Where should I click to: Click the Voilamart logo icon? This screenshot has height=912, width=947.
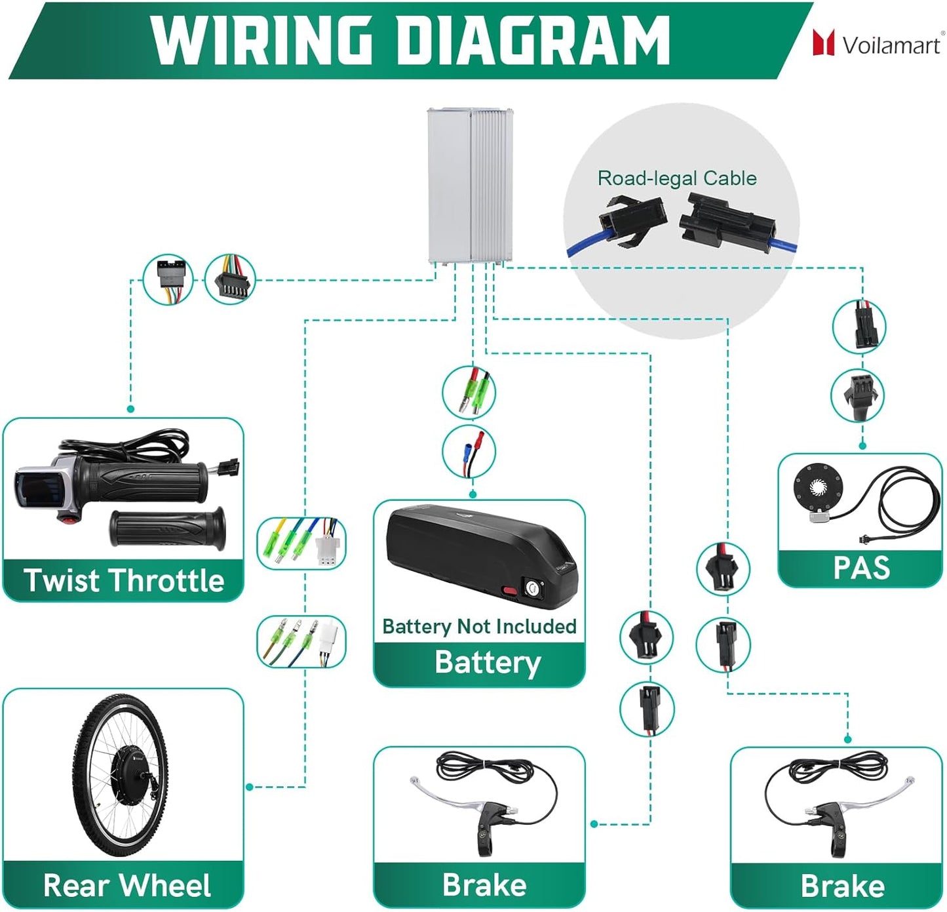(x=823, y=43)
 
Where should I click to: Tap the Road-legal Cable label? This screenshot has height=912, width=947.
(x=677, y=178)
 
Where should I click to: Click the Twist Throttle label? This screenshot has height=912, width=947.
(x=124, y=580)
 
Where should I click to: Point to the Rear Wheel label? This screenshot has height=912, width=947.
(x=127, y=885)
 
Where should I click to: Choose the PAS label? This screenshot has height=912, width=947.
(x=861, y=568)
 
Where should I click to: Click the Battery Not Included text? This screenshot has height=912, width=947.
(x=479, y=626)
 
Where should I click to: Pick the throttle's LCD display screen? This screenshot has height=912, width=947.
(x=29, y=488)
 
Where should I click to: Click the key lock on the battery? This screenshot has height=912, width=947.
(x=531, y=588)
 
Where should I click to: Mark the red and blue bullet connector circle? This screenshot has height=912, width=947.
(x=469, y=452)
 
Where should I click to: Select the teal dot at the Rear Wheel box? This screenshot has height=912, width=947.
(x=250, y=787)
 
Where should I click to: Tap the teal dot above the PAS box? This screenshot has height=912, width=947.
(x=862, y=446)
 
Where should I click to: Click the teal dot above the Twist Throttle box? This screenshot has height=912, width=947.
(x=130, y=409)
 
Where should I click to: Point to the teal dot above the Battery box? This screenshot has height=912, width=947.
(x=473, y=494)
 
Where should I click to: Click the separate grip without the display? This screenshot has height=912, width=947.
(x=168, y=528)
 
